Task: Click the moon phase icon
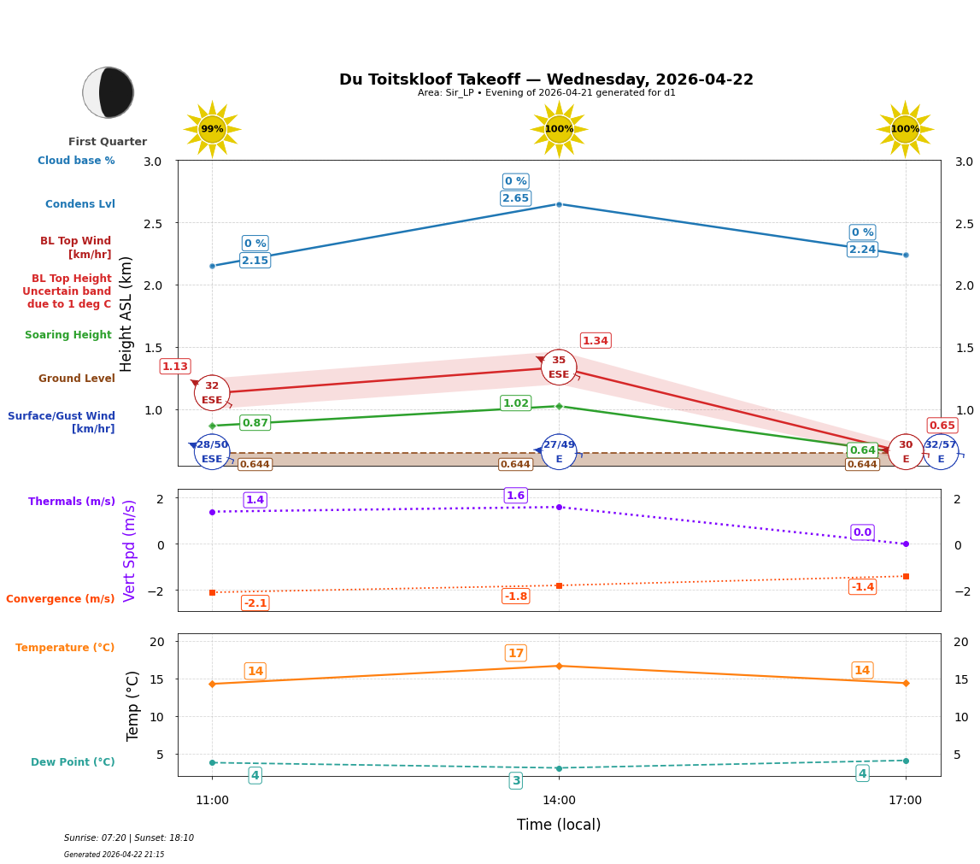[x=108, y=92]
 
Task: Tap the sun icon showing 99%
[x=212, y=129]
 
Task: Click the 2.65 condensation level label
[x=515, y=198]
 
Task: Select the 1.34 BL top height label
[x=595, y=341]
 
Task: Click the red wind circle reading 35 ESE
[x=559, y=367]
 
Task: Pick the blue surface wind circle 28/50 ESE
[x=212, y=452]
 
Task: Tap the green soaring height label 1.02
[x=515, y=403]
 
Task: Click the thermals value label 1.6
[x=515, y=496]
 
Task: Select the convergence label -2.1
[x=255, y=603]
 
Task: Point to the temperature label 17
[x=515, y=654]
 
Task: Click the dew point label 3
[x=515, y=781]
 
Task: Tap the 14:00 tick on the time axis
[x=559, y=801]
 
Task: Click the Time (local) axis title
[x=559, y=825]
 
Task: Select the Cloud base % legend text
[x=76, y=161]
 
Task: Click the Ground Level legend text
[x=76, y=379]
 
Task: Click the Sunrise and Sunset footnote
[x=129, y=838]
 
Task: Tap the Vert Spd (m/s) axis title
[x=130, y=550]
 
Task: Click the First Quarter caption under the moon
[x=108, y=142]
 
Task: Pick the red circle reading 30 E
[x=905, y=452]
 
